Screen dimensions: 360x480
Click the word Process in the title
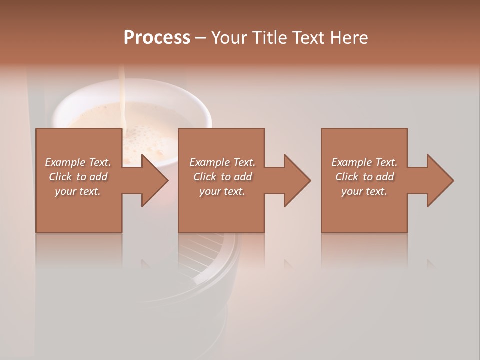pyautogui.click(x=157, y=37)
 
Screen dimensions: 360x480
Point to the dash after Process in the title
pyautogui.click(x=201, y=38)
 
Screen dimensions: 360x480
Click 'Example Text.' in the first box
pyautogui.click(x=78, y=162)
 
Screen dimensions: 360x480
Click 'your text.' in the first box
pyautogui.click(x=78, y=191)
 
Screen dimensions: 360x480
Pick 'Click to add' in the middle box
pyautogui.click(x=222, y=177)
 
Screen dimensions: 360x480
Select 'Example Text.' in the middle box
pyautogui.click(x=222, y=162)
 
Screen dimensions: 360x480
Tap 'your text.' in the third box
pyautogui.click(x=364, y=191)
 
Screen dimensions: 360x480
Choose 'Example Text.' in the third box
pyautogui.click(x=364, y=162)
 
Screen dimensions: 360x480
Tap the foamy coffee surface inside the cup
pyautogui.click(x=150, y=120)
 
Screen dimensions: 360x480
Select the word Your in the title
pyautogui.click(x=230, y=37)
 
